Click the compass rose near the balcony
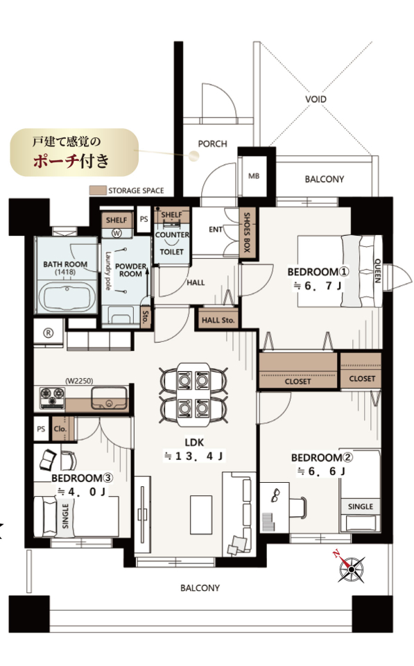pyautogui.click(x=351, y=569)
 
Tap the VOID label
pyautogui.click(x=316, y=99)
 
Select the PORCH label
pyautogui.click(x=212, y=144)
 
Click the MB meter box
pyautogui.click(x=254, y=176)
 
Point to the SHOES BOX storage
pyautogui.click(x=246, y=232)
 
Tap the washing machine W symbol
pyautogui.click(x=117, y=233)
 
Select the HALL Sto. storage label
pyautogui.click(x=218, y=320)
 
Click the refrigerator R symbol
pyautogui.click(x=49, y=334)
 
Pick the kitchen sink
pyautogui.click(x=109, y=399)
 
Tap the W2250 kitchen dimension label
pyautogui.click(x=79, y=381)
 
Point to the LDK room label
pyautogui.click(x=194, y=442)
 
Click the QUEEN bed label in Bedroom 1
pyautogui.click(x=377, y=271)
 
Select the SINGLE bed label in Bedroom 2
pyautogui.click(x=360, y=506)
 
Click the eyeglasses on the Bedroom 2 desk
pyautogui.click(x=275, y=495)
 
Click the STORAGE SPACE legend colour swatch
pyautogui.click(x=97, y=190)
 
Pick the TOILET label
pyautogui.click(x=171, y=251)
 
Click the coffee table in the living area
pyautogui.click(x=201, y=514)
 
